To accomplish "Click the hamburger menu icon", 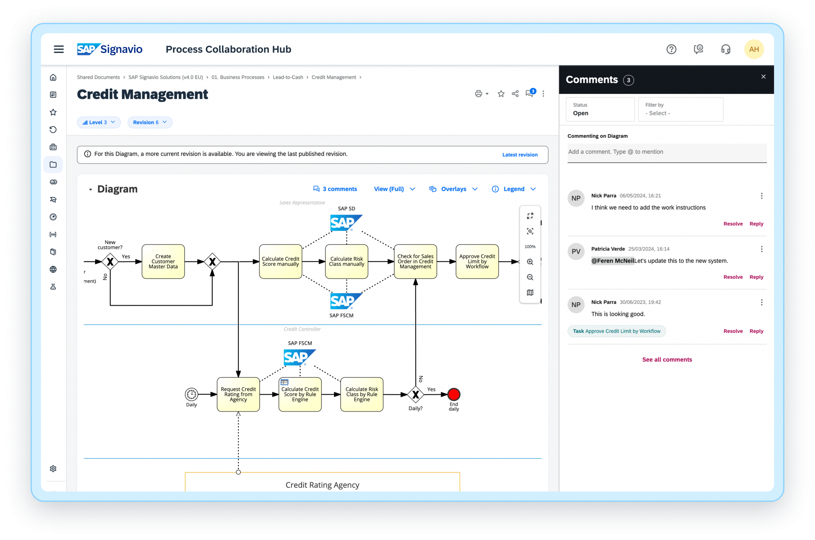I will [x=59, y=49].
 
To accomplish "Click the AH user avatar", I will [x=754, y=49].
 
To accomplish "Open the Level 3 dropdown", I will [x=99, y=122].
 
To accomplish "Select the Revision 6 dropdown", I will [x=150, y=122].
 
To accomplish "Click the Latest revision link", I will [x=520, y=155].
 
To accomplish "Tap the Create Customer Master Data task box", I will [x=163, y=261].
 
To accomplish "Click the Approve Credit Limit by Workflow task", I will [x=477, y=261].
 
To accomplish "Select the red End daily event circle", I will [x=454, y=394].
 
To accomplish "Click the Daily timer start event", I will [x=191, y=394].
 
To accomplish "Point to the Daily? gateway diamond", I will [x=415, y=394].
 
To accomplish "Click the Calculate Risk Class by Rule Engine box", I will [x=361, y=394].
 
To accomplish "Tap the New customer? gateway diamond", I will [x=110, y=261].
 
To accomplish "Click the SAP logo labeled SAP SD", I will [x=346, y=223].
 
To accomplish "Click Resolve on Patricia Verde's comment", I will [x=733, y=277].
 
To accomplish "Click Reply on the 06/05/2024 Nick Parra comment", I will [x=756, y=224].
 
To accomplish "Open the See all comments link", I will [x=667, y=359].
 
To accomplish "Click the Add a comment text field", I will [x=667, y=152].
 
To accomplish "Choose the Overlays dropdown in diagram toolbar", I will [x=453, y=189].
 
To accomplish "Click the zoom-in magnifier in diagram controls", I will [x=530, y=262].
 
